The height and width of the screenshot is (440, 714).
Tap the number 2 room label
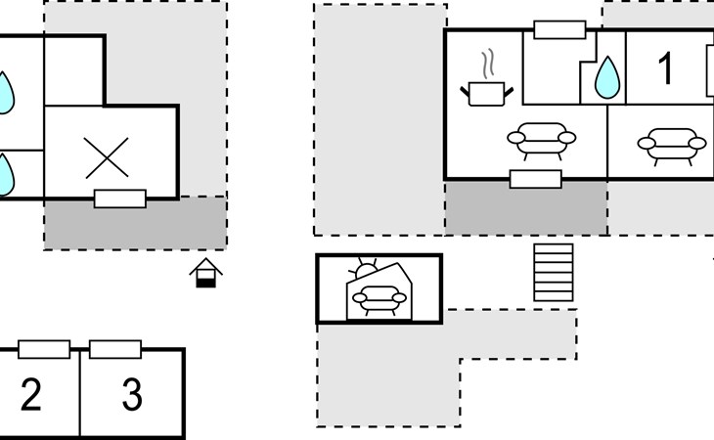click(x=31, y=395)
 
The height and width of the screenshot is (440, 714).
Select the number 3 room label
click(x=131, y=395)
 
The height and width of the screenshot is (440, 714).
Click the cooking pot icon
click(x=485, y=92)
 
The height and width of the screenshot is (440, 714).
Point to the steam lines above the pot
click(x=487, y=65)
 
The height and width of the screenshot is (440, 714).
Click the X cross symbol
click(x=107, y=157)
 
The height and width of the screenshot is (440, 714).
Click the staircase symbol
click(x=553, y=273)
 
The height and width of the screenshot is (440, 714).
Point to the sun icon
click(x=366, y=270)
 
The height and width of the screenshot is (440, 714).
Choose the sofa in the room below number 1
click(x=671, y=144)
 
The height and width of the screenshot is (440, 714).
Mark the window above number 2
click(x=44, y=349)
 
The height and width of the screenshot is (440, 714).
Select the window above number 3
click(x=115, y=349)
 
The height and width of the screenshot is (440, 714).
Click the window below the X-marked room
click(x=120, y=198)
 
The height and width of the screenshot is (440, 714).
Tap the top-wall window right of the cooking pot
click(x=559, y=29)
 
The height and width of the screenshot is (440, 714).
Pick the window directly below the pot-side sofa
click(x=536, y=179)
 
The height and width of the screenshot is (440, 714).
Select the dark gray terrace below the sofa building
click(x=525, y=208)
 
